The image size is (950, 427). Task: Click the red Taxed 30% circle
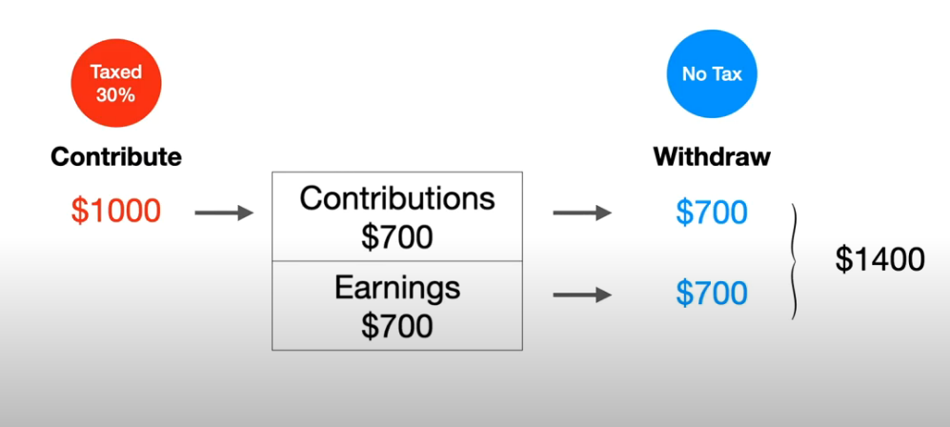(116, 82)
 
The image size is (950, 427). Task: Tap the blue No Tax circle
(712, 74)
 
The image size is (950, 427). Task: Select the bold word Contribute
(116, 157)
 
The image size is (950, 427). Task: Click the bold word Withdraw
(712, 157)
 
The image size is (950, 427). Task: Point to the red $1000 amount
(115, 212)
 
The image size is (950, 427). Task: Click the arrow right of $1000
(224, 213)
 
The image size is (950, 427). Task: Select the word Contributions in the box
(396, 199)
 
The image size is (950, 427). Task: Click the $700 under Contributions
(396, 236)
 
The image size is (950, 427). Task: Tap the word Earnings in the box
(396, 288)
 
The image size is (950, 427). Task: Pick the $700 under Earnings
(396, 326)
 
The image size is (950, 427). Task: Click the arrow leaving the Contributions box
(582, 213)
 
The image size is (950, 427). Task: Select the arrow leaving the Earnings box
(582, 295)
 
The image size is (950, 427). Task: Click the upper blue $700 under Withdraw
(712, 213)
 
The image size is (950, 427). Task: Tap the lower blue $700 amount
(712, 294)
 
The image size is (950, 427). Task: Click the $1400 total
(879, 260)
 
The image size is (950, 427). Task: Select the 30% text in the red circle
(115, 94)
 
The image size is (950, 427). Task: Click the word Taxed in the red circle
(116, 72)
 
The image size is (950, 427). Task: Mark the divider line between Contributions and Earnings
(396, 261)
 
